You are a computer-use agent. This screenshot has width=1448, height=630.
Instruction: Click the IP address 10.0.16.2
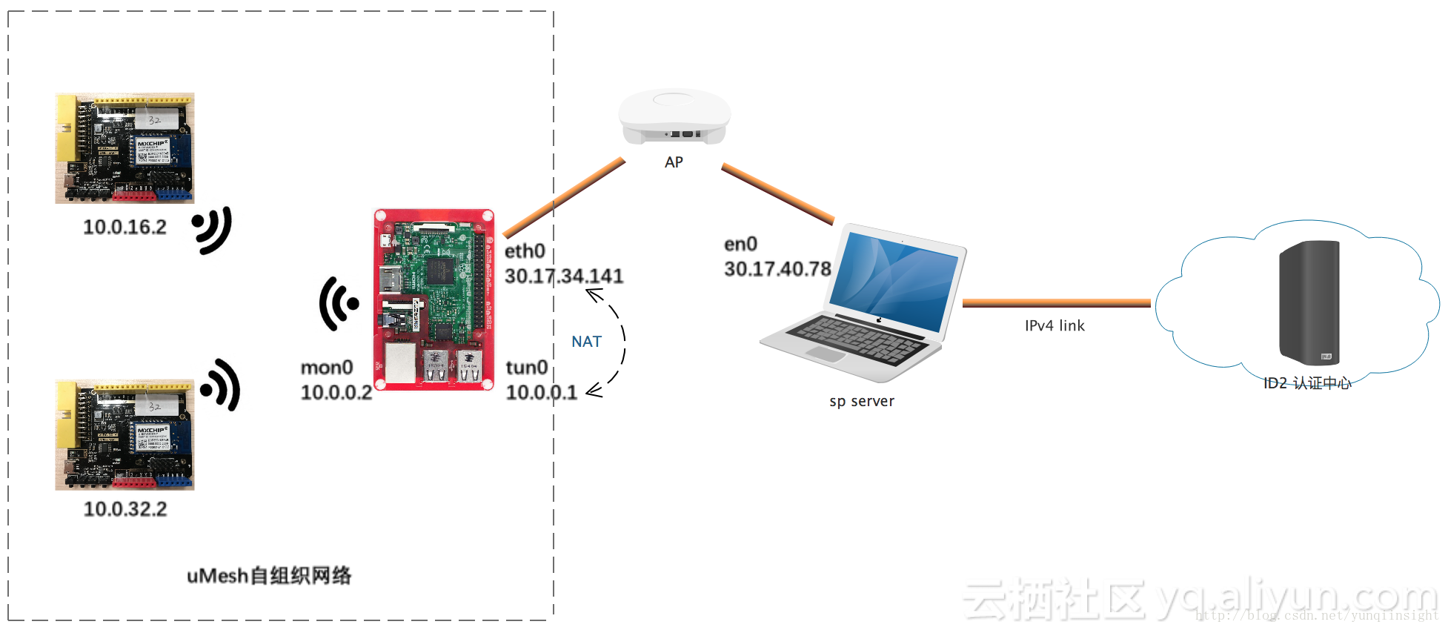pyautogui.click(x=124, y=227)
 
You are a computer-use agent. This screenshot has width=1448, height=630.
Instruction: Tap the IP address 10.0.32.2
pyautogui.click(x=125, y=509)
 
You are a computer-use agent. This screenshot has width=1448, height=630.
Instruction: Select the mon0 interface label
pyautogui.click(x=327, y=368)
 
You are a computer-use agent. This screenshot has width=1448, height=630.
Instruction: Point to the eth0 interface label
pyautogui.click(x=525, y=251)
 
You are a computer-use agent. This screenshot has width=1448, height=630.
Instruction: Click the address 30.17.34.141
pyautogui.click(x=564, y=276)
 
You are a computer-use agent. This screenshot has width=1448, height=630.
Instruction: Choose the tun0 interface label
pyautogui.click(x=527, y=368)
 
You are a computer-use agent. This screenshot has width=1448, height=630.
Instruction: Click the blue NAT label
pyautogui.click(x=586, y=342)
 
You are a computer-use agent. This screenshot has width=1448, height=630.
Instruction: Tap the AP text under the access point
pyautogui.click(x=674, y=162)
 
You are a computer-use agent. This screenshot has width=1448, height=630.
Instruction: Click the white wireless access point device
pyautogui.click(x=674, y=116)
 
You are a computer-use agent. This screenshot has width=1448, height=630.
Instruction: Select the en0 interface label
pyautogui.click(x=740, y=244)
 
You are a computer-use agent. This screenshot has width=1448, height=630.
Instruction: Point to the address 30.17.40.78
pyautogui.click(x=777, y=269)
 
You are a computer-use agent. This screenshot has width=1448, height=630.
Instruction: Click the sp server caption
pyautogui.click(x=861, y=401)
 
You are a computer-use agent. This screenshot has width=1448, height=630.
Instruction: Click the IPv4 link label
pyautogui.click(x=1055, y=325)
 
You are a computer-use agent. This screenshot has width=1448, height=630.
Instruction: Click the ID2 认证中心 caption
pyautogui.click(x=1307, y=383)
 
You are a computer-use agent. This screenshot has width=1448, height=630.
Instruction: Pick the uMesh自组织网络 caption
pyautogui.click(x=269, y=576)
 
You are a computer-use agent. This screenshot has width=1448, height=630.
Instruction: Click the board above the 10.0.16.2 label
pyautogui.click(x=124, y=148)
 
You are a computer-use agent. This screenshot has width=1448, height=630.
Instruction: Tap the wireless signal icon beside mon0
pyautogui.click(x=339, y=303)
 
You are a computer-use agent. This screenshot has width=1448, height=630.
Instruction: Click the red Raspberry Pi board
pyautogui.click(x=434, y=299)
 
